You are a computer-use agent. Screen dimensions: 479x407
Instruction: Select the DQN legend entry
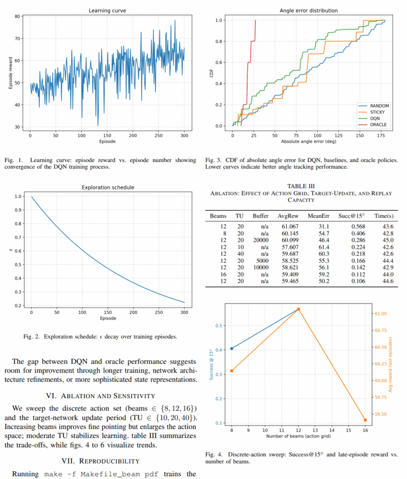click(375, 119)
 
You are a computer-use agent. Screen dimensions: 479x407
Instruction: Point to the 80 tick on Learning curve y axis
click(16, 16)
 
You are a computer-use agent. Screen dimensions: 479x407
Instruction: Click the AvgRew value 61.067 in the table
click(289, 226)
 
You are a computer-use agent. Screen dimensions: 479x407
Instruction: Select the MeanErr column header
click(319, 216)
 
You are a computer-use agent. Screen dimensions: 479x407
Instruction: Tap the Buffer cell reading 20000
click(261, 239)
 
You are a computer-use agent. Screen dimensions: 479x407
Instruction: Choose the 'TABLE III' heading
click(301, 186)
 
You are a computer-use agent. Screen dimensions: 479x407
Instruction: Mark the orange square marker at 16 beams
click(365, 420)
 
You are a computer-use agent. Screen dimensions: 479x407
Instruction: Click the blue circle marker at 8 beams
click(232, 348)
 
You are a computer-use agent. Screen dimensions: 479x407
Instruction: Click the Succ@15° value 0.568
click(352, 226)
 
